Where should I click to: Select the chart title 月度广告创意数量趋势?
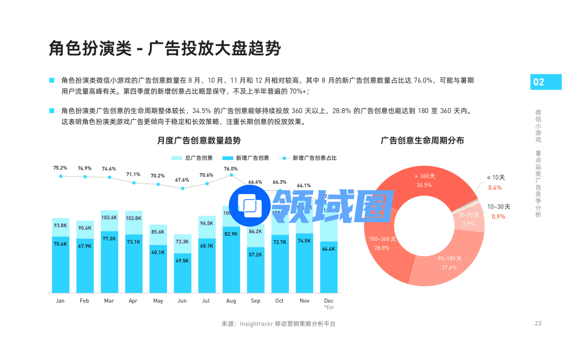tap(199, 140)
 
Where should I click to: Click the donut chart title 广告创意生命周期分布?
tap(422, 140)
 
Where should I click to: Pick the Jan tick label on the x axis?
tap(60, 301)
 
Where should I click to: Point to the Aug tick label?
tap(231, 301)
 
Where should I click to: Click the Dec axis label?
tap(329, 301)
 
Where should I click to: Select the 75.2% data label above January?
tap(60, 168)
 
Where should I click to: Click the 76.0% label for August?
tap(231, 169)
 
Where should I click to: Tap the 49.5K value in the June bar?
tap(182, 261)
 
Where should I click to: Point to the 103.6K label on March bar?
tap(109, 217)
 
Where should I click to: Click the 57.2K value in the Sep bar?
tap(256, 254)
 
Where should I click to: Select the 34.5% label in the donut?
tap(424, 185)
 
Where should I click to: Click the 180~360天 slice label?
tap(382, 239)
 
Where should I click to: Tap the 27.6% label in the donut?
tap(449, 267)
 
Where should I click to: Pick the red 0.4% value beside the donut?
tap(495, 188)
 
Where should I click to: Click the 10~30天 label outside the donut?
tap(499, 207)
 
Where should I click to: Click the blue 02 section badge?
tap(539, 82)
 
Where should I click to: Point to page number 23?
tap(538, 323)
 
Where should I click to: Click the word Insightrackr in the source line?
tap(257, 324)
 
